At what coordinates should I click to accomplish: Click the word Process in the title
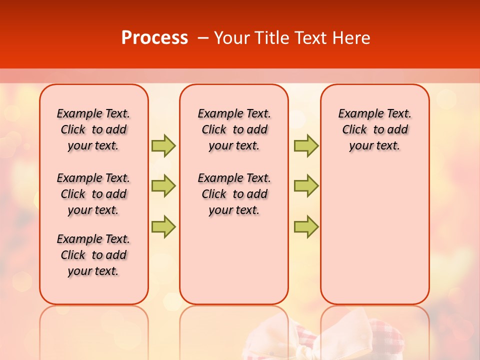point(154,38)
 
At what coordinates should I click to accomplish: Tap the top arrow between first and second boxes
point(163,145)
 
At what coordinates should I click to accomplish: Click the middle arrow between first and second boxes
point(163,186)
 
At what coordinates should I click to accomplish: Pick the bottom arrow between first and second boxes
point(163,226)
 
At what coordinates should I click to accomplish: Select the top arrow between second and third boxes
point(306,145)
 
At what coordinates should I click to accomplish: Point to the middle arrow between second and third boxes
point(306,186)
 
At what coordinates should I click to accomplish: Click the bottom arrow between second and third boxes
point(306,226)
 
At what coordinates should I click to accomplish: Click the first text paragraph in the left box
point(93,129)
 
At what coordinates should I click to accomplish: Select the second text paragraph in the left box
point(93,194)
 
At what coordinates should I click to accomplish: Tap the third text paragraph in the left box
point(93,255)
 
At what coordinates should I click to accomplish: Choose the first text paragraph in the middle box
point(234,129)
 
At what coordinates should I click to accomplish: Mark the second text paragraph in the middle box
point(234,194)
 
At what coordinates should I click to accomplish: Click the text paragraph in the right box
point(374,129)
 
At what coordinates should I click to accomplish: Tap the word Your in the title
point(232,38)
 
